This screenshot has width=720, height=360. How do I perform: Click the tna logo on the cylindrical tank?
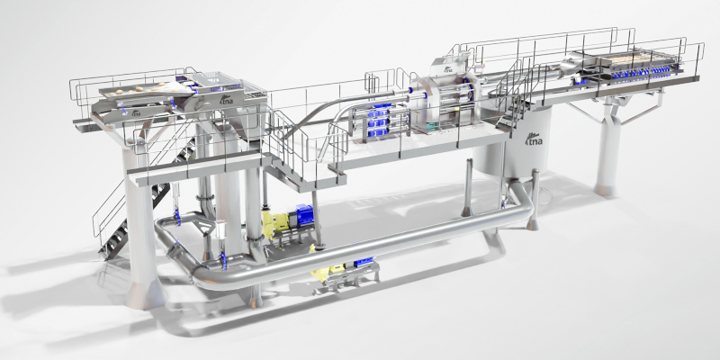pos(533,139)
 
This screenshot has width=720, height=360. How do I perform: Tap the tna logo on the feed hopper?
pos(227,99)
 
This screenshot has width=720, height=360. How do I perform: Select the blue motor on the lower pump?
pos(364,262)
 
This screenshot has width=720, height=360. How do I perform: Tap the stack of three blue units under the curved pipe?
pos(377,121)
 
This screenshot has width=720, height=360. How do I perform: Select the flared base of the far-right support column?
pos(605,189)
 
